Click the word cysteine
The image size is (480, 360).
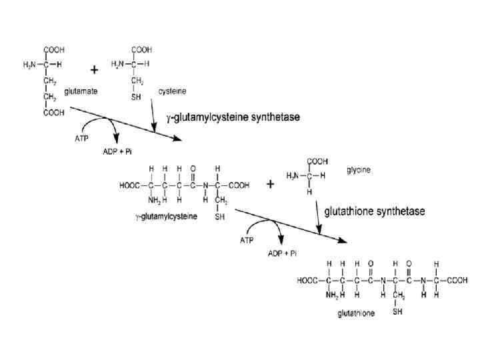click(x=171, y=89)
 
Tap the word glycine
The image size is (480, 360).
click(x=358, y=170)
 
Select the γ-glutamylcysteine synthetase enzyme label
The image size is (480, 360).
click(x=233, y=117)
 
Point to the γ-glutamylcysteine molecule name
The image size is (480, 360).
click(x=165, y=217)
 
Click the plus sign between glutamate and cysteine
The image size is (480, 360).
click(x=95, y=69)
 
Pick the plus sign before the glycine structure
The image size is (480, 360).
click(x=271, y=185)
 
